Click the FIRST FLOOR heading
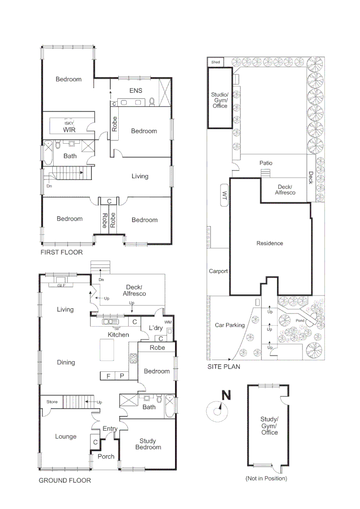tap(61, 253)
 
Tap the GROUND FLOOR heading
tap(65, 481)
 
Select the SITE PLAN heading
tap(224, 366)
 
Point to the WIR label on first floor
tap(69, 130)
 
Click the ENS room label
tap(136, 90)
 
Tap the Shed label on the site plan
tap(215, 62)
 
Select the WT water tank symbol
tap(224, 194)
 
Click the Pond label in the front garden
tap(300, 321)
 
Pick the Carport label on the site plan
tap(218, 271)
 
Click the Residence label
tap(270, 244)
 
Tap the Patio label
tap(266, 163)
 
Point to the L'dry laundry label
tap(156, 328)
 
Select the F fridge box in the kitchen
tap(108, 376)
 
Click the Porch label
tap(106, 456)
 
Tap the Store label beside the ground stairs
tap(52, 402)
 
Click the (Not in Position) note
tap(266, 478)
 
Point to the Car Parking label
tap(229, 325)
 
